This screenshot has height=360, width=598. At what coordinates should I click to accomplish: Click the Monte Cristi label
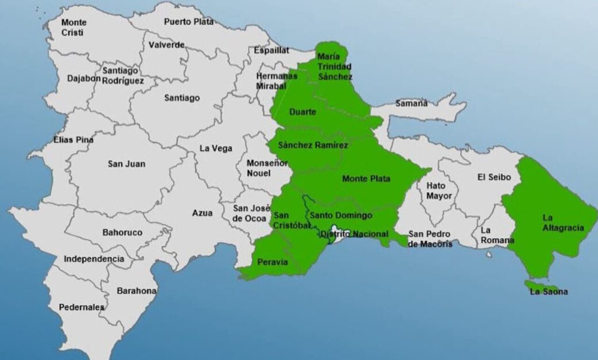point(74,28)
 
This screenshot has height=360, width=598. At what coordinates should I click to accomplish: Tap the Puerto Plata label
point(189,22)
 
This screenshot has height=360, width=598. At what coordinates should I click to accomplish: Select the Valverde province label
point(166,45)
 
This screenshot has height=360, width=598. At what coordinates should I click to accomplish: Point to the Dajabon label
point(84,78)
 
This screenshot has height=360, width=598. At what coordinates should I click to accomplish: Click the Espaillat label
point(271,50)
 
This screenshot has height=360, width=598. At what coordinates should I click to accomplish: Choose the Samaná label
point(411,103)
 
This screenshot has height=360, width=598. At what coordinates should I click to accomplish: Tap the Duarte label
point(303,112)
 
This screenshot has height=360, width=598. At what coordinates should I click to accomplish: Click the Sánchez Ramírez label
point(313,145)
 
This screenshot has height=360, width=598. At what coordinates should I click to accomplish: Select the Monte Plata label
point(366,179)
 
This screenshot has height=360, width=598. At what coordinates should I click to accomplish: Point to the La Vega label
point(216,148)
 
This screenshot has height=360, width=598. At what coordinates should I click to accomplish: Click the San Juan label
point(126,164)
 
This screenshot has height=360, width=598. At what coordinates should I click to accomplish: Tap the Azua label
point(202,213)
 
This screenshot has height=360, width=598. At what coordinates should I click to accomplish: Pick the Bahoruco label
point(122,232)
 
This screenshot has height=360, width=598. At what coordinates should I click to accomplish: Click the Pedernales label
point(82,307)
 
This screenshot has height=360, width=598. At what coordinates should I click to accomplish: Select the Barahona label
point(136,291)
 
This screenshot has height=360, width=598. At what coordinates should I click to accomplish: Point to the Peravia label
point(273,262)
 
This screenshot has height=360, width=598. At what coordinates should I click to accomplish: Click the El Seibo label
point(494,177)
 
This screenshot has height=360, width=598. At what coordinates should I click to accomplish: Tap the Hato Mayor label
point(439,191)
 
